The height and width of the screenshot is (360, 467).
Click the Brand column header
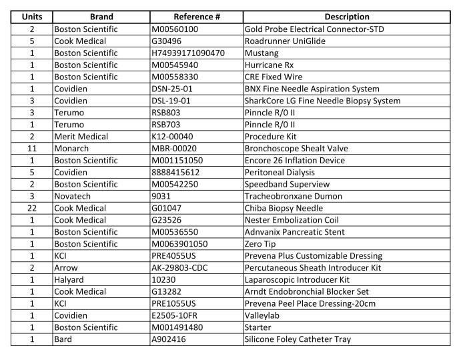point(101,17)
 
